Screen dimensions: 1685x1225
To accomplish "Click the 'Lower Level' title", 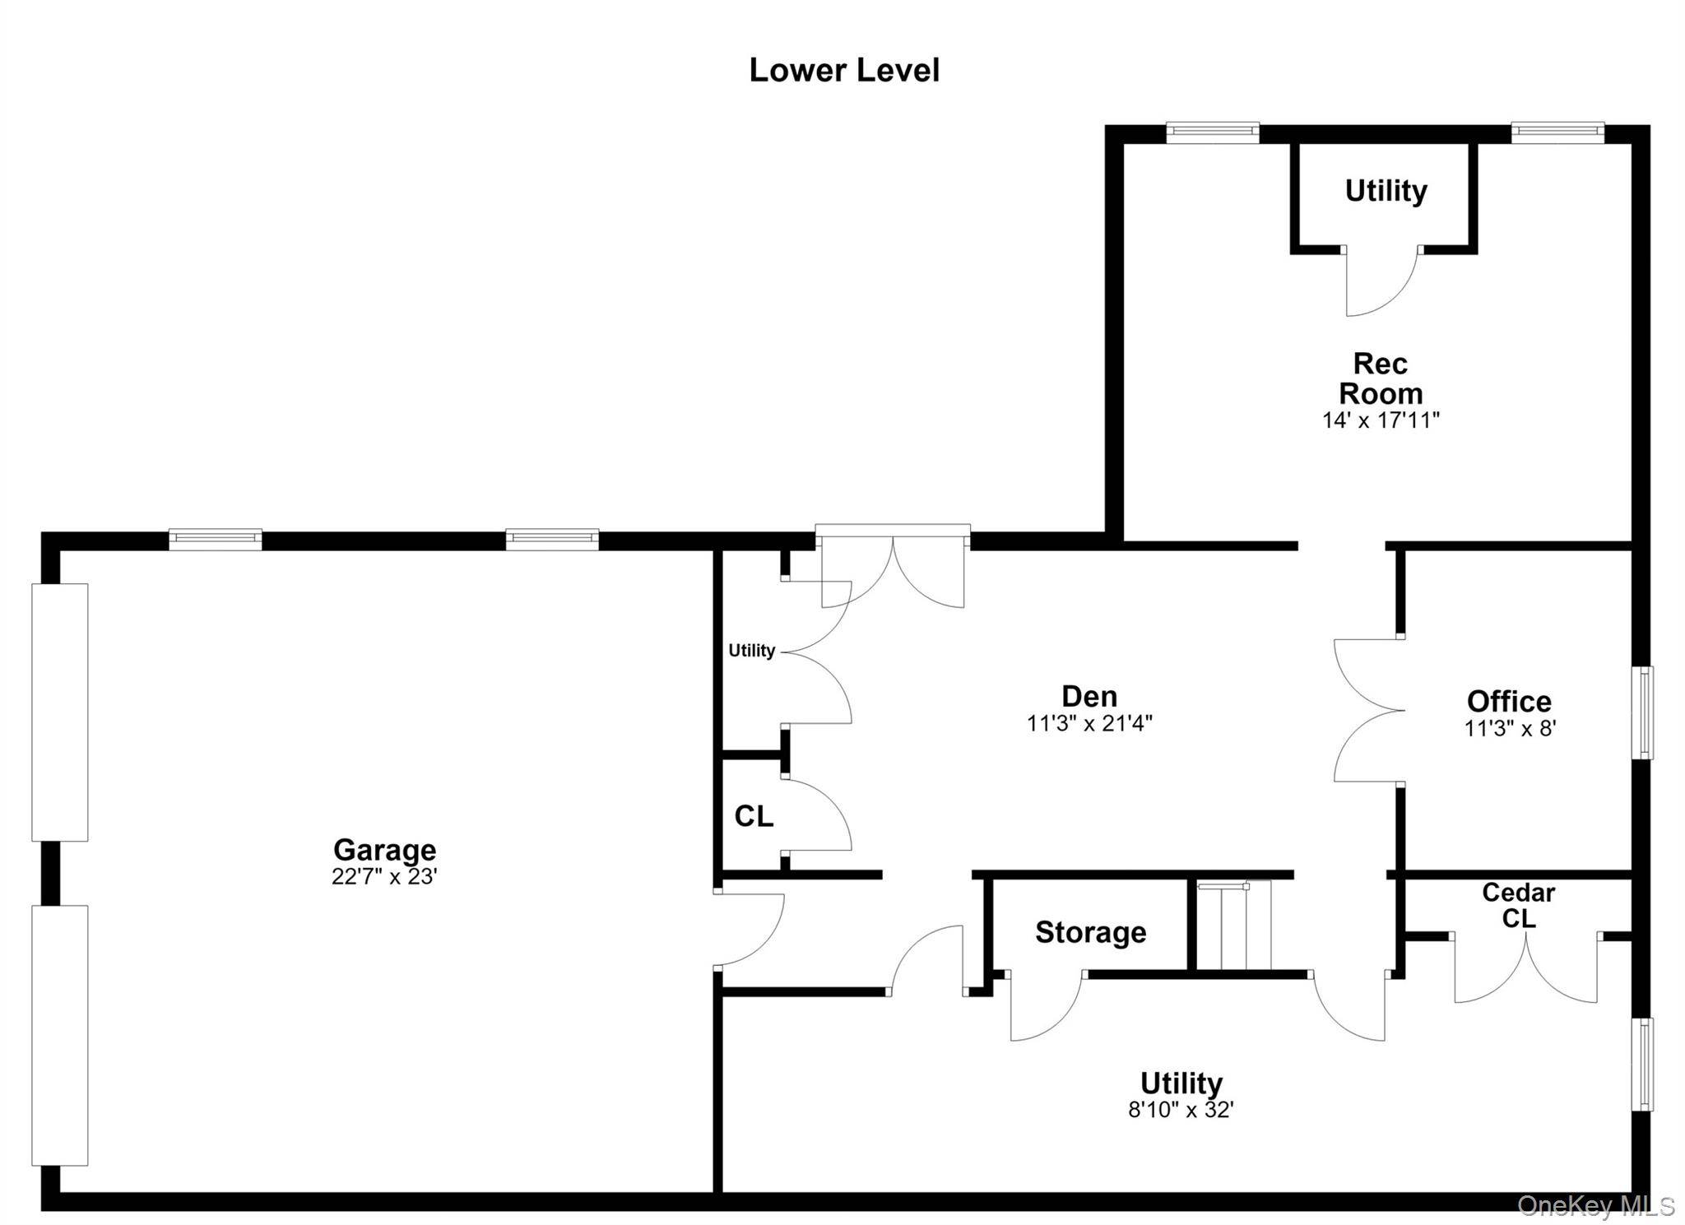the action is tap(844, 70).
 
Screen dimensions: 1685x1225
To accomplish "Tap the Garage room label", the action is tap(384, 849).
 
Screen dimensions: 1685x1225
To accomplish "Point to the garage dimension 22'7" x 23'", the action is tap(384, 876).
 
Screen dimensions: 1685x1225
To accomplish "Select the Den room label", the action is tap(1089, 696).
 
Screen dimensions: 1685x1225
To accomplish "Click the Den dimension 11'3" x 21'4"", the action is tap(1089, 723).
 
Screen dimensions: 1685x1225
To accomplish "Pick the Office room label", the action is tap(1509, 701).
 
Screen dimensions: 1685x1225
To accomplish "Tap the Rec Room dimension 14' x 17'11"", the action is tap(1381, 420).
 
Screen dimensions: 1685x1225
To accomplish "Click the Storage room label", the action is tap(1090, 932).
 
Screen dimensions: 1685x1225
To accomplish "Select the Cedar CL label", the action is tap(1518, 905).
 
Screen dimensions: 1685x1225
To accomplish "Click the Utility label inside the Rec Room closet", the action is tap(1386, 191).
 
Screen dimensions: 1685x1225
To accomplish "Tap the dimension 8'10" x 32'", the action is tap(1181, 1110).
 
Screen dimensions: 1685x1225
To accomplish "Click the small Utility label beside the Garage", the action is tap(751, 651).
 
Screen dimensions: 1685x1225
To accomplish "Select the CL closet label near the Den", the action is tap(754, 816).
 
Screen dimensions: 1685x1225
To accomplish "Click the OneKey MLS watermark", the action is tap(1596, 1206).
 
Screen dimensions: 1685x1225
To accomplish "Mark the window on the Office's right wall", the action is tap(1642, 712).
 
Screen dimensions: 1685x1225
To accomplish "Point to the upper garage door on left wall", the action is tap(59, 712).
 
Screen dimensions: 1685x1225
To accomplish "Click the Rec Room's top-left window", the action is tap(1213, 132).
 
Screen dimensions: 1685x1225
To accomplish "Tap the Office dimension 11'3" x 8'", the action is tap(1510, 728).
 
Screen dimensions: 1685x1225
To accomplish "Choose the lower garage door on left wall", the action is tap(59, 1036).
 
